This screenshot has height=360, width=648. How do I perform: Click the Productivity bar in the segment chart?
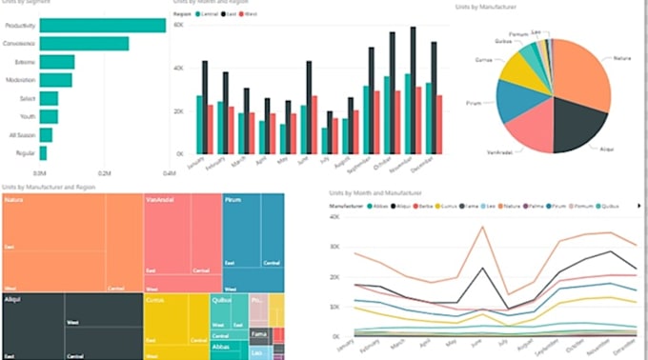pyautogui.click(x=102, y=26)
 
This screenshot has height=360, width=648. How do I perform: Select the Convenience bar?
pyautogui.click(x=84, y=44)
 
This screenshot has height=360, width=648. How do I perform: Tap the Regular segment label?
pyautogui.click(x=26, y=152)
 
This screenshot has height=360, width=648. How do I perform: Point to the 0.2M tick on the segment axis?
pyautogui.click(x=104, y=173)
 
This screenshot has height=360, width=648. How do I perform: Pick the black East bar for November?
pyautogui.click(x=413, y=90)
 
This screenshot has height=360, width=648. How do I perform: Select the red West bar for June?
pyautogui.click(x=314, y=124)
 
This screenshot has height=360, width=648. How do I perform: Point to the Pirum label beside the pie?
pyautogui.click(x=474, y=103)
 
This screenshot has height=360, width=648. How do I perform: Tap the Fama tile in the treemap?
pyautogui.click(x=258, y=334)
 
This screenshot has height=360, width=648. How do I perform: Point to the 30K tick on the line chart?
pyautogui.click(x=333, y=246)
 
